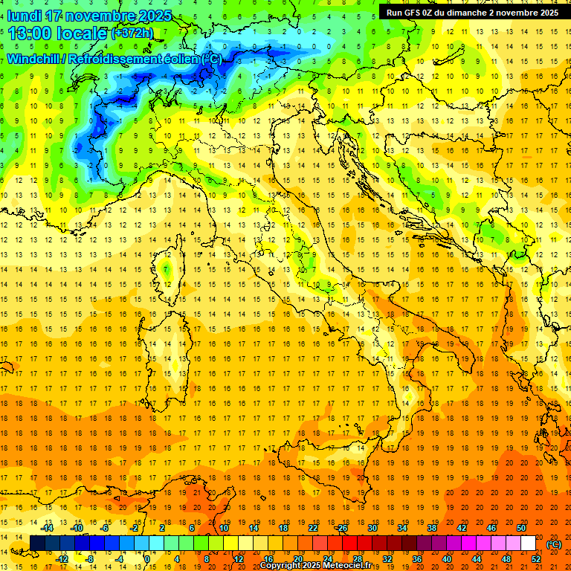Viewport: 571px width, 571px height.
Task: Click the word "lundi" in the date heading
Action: point(24,16)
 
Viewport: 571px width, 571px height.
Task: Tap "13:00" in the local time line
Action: point(30,33)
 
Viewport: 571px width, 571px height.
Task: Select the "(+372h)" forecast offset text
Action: point(132,33)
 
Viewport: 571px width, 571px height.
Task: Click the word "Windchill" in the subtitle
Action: point(34,59)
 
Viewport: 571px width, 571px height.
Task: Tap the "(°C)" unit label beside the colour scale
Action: point(554,544)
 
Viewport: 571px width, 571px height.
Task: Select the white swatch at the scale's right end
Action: point(528,543)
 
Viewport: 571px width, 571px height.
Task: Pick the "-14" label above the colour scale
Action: point(49,528)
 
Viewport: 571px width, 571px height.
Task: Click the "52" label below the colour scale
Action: point(535,559)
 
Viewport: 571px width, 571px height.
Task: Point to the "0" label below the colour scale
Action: point(146,559)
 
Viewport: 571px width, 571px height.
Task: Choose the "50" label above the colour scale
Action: point(521,528)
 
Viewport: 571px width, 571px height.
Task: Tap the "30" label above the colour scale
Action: point(372,528)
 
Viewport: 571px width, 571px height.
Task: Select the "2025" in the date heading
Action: point(155,16)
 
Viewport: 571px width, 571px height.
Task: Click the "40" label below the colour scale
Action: point(446,559)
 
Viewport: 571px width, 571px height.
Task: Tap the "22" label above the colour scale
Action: point(312,528)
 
